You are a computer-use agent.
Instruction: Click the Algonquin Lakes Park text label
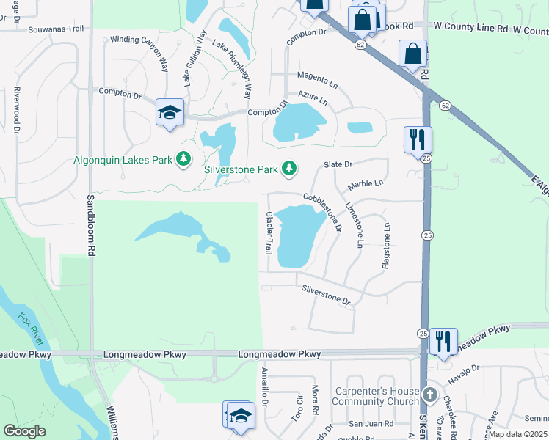tap(123, 160)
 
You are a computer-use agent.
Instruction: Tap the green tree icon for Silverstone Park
tap(290, 169)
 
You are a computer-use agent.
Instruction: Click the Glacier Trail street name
tap(269, 232)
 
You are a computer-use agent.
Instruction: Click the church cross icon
tap(429, 397)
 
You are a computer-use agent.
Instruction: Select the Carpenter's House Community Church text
tap(376, 396)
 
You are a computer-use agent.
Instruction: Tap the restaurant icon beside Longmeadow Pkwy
tap(443, 341)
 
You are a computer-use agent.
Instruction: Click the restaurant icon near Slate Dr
tap(418, 139)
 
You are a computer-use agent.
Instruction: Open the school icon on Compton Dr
tap(170, 112)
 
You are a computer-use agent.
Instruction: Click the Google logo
tap(25, 431)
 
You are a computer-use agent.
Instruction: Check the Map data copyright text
tap(517, 434)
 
